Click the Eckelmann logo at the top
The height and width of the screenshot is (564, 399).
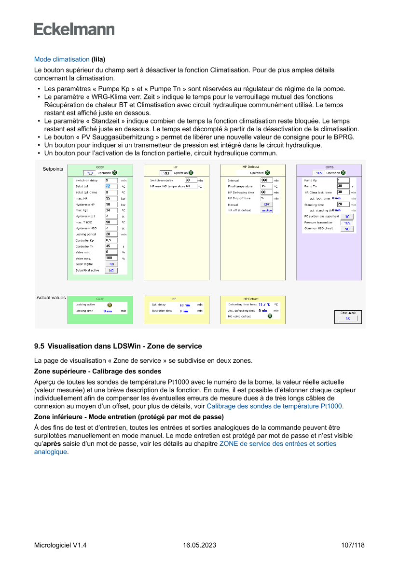tap(74, 29)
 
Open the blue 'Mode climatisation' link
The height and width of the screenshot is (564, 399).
tap(62, 59)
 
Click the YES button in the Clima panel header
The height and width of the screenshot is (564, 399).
tap(318, 173)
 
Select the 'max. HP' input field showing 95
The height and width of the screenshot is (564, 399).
tap(111, 198)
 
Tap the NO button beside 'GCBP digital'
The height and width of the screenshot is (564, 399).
tap(111, 264)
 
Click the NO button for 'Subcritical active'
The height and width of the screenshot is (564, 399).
tap(111, 271)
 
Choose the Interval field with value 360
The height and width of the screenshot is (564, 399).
tap(266, 180)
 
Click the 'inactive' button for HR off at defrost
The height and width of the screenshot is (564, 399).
tap(266, 210)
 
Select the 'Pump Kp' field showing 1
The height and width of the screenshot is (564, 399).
tap(343, 180)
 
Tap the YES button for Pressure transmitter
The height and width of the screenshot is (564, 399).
tap(347, 223)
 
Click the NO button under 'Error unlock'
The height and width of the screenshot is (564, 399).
tap(348, 318)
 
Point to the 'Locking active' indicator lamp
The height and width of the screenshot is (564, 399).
tap(110, 305)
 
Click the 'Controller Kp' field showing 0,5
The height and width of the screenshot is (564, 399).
tap(111, 240)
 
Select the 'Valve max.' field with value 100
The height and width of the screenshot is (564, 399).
tap(111, 258)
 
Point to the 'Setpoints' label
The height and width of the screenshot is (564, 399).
tap(53, 169)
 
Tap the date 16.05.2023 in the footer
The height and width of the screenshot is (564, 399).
tap(199, 546)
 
